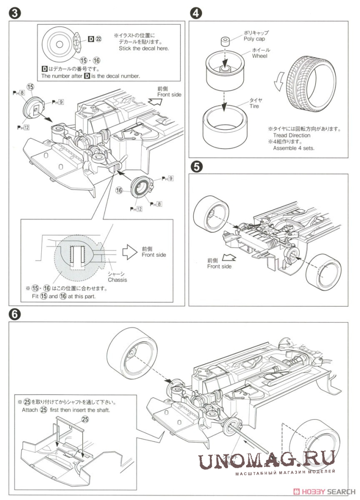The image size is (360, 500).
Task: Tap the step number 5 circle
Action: click(x=196, y=167)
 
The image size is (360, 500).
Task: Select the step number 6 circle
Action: click(x=14, y=315)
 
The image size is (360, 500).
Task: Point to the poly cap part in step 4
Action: click(x=225, y=40)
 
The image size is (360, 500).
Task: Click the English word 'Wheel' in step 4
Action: click(x=259, y=56)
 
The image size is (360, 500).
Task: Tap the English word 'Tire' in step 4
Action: click(x=255, y=106)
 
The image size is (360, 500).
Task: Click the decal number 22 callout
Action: click(x=98, y=38)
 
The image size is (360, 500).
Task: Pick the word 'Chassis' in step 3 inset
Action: click(x=117, y=280)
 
